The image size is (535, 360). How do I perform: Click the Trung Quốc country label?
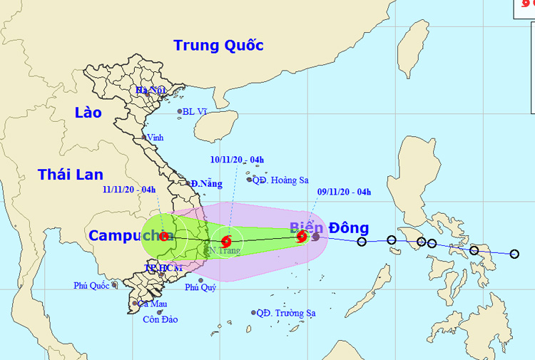(x=218, y=46)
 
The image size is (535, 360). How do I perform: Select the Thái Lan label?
(x=71, y=175)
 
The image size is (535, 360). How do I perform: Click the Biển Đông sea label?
(x=329, y=228)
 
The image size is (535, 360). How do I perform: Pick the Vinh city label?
(x=156, y=137)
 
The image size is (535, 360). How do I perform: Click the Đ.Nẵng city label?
(x=206, y=184)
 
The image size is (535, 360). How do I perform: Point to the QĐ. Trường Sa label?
(x=286, y=313)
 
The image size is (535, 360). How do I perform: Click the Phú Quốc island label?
(x=90, y=286)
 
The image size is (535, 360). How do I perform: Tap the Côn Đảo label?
(x=158, y=319)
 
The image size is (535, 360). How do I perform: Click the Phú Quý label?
(x=200, y=288)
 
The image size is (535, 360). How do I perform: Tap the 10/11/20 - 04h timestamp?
(x=237, y=160)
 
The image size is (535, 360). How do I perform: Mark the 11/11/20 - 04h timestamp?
(x=129, y=189)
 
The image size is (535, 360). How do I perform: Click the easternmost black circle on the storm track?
(x=514, y=254)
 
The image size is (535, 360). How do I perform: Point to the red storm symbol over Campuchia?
(x=164, y=237)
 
